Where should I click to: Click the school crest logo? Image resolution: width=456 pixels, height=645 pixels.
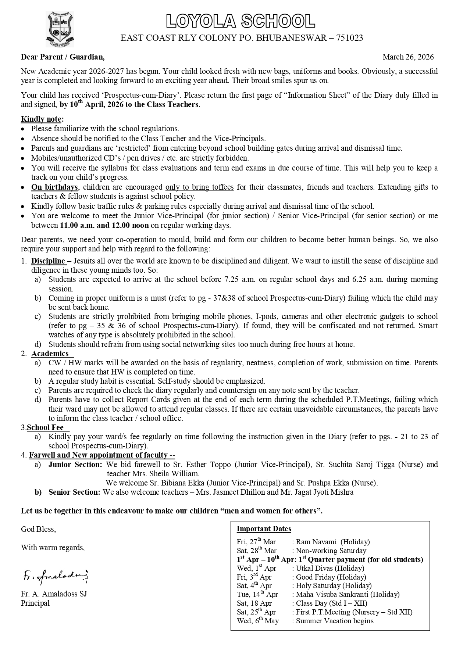pyautogui.click(x=60, y=29)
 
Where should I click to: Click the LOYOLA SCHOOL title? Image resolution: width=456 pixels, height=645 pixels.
pyautogui.click(x=241, y=21)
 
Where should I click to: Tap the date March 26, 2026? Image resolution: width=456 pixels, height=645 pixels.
pyautogui.click(x=408, y=57)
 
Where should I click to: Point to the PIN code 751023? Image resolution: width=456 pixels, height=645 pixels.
pyautogui.click(x=349, y=38)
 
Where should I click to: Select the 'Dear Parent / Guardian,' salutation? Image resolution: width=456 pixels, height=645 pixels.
pyautogui.click(x=63, y=57)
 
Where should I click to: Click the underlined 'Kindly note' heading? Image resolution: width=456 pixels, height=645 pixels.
pyautogui.click(x=42, y=119)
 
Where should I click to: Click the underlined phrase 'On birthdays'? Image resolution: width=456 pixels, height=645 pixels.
pyautogui.click(x=54, y=187)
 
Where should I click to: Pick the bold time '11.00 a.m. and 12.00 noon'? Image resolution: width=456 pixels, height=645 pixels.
pyautogui.click(x=104, y=225)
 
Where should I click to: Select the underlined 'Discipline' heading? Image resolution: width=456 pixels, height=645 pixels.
pyautogui.click(x=48, y=261)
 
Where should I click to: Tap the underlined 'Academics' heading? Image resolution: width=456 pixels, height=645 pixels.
pyautogui.click(x=50, y=354)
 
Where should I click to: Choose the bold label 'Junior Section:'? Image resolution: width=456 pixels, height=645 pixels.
pyautogui.click(x=75, y=465)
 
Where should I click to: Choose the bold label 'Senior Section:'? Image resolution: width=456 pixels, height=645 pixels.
pyautogui.click(x=74, y=492)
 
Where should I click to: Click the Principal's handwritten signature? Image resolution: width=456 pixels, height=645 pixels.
pyautogui.click(x=55, y=577)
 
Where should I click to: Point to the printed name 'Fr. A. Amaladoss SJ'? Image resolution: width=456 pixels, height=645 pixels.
pyautogui.click(x=54, y=594)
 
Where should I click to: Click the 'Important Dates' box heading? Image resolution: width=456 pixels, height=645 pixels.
pyautogui.click(x=264, y=529)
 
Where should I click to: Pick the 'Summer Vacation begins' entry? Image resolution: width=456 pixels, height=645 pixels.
pyautogui.click(x=335, y=621)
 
